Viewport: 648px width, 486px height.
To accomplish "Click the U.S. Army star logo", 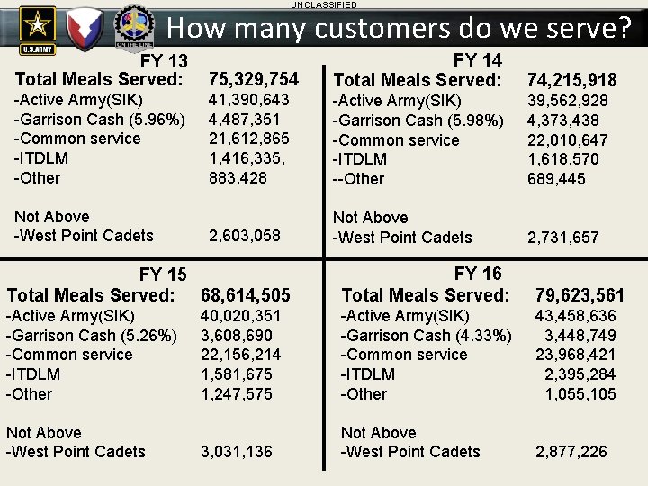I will tap(37, 24).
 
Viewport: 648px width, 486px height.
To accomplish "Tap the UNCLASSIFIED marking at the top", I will tap(323, 5).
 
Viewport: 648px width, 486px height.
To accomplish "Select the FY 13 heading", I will tap(163, 61).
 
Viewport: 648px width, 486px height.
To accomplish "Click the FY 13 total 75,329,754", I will tap(254, 80).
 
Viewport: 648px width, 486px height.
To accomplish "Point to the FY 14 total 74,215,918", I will tap(572, 81).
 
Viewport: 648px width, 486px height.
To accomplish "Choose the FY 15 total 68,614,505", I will tap(246, 295).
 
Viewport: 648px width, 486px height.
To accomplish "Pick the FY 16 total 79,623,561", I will tap(580, 295).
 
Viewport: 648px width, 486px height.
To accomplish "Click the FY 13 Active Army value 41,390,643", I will tap(249, 100).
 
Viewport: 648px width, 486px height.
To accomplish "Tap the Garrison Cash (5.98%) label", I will tap(418, 121).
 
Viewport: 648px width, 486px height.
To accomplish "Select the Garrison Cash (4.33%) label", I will tap(426, 336).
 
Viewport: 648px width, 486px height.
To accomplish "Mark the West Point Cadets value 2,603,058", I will tap(245, 236).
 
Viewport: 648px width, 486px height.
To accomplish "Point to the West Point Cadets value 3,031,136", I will tap(237, 452).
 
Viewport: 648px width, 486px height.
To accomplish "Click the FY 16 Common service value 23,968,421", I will tap(576, 355).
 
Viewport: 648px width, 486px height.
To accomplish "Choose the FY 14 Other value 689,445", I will tap(556, 179).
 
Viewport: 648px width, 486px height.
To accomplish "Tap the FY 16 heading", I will tap(478, 274).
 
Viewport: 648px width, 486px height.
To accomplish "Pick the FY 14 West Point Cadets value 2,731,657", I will tap(563, 238).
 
